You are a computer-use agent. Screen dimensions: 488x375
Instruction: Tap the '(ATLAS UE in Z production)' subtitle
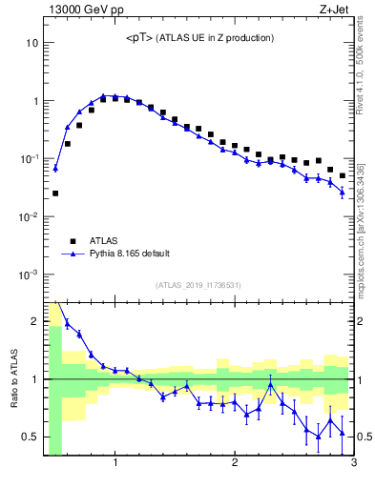point(218,38)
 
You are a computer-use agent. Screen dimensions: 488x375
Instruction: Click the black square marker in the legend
point(73,241)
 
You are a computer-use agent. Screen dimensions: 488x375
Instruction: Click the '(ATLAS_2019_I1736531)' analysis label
point(198,285)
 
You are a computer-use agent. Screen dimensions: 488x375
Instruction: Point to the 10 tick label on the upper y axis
point(31,43)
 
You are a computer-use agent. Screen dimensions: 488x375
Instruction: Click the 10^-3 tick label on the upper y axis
point(29,274)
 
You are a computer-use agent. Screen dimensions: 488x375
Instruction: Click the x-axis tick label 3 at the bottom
point(353,464)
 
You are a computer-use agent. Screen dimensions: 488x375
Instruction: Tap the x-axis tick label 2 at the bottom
point(235,464)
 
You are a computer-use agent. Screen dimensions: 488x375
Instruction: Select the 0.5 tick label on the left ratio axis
point(29,437)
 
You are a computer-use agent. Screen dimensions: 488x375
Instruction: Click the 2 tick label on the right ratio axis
point(361,321)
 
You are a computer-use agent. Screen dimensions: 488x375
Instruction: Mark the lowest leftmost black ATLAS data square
point(55,193)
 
